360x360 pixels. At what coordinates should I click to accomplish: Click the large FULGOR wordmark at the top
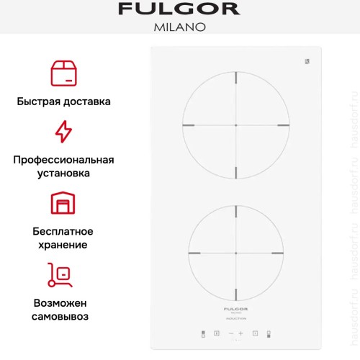click(179, 10)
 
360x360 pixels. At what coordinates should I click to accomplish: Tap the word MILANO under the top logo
click(180, 28)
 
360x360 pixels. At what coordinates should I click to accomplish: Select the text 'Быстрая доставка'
click(63, 102)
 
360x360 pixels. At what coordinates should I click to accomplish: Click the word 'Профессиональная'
click(63, 159)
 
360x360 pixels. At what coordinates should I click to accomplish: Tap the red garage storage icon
click(63, 204)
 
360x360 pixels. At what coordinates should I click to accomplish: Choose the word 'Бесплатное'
click(63, 231)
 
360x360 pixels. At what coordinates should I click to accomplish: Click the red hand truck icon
click(63, 274)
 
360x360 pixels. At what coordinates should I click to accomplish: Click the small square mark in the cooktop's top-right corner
click(306, 61)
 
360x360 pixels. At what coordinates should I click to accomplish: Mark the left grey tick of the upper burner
click(189, 125)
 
